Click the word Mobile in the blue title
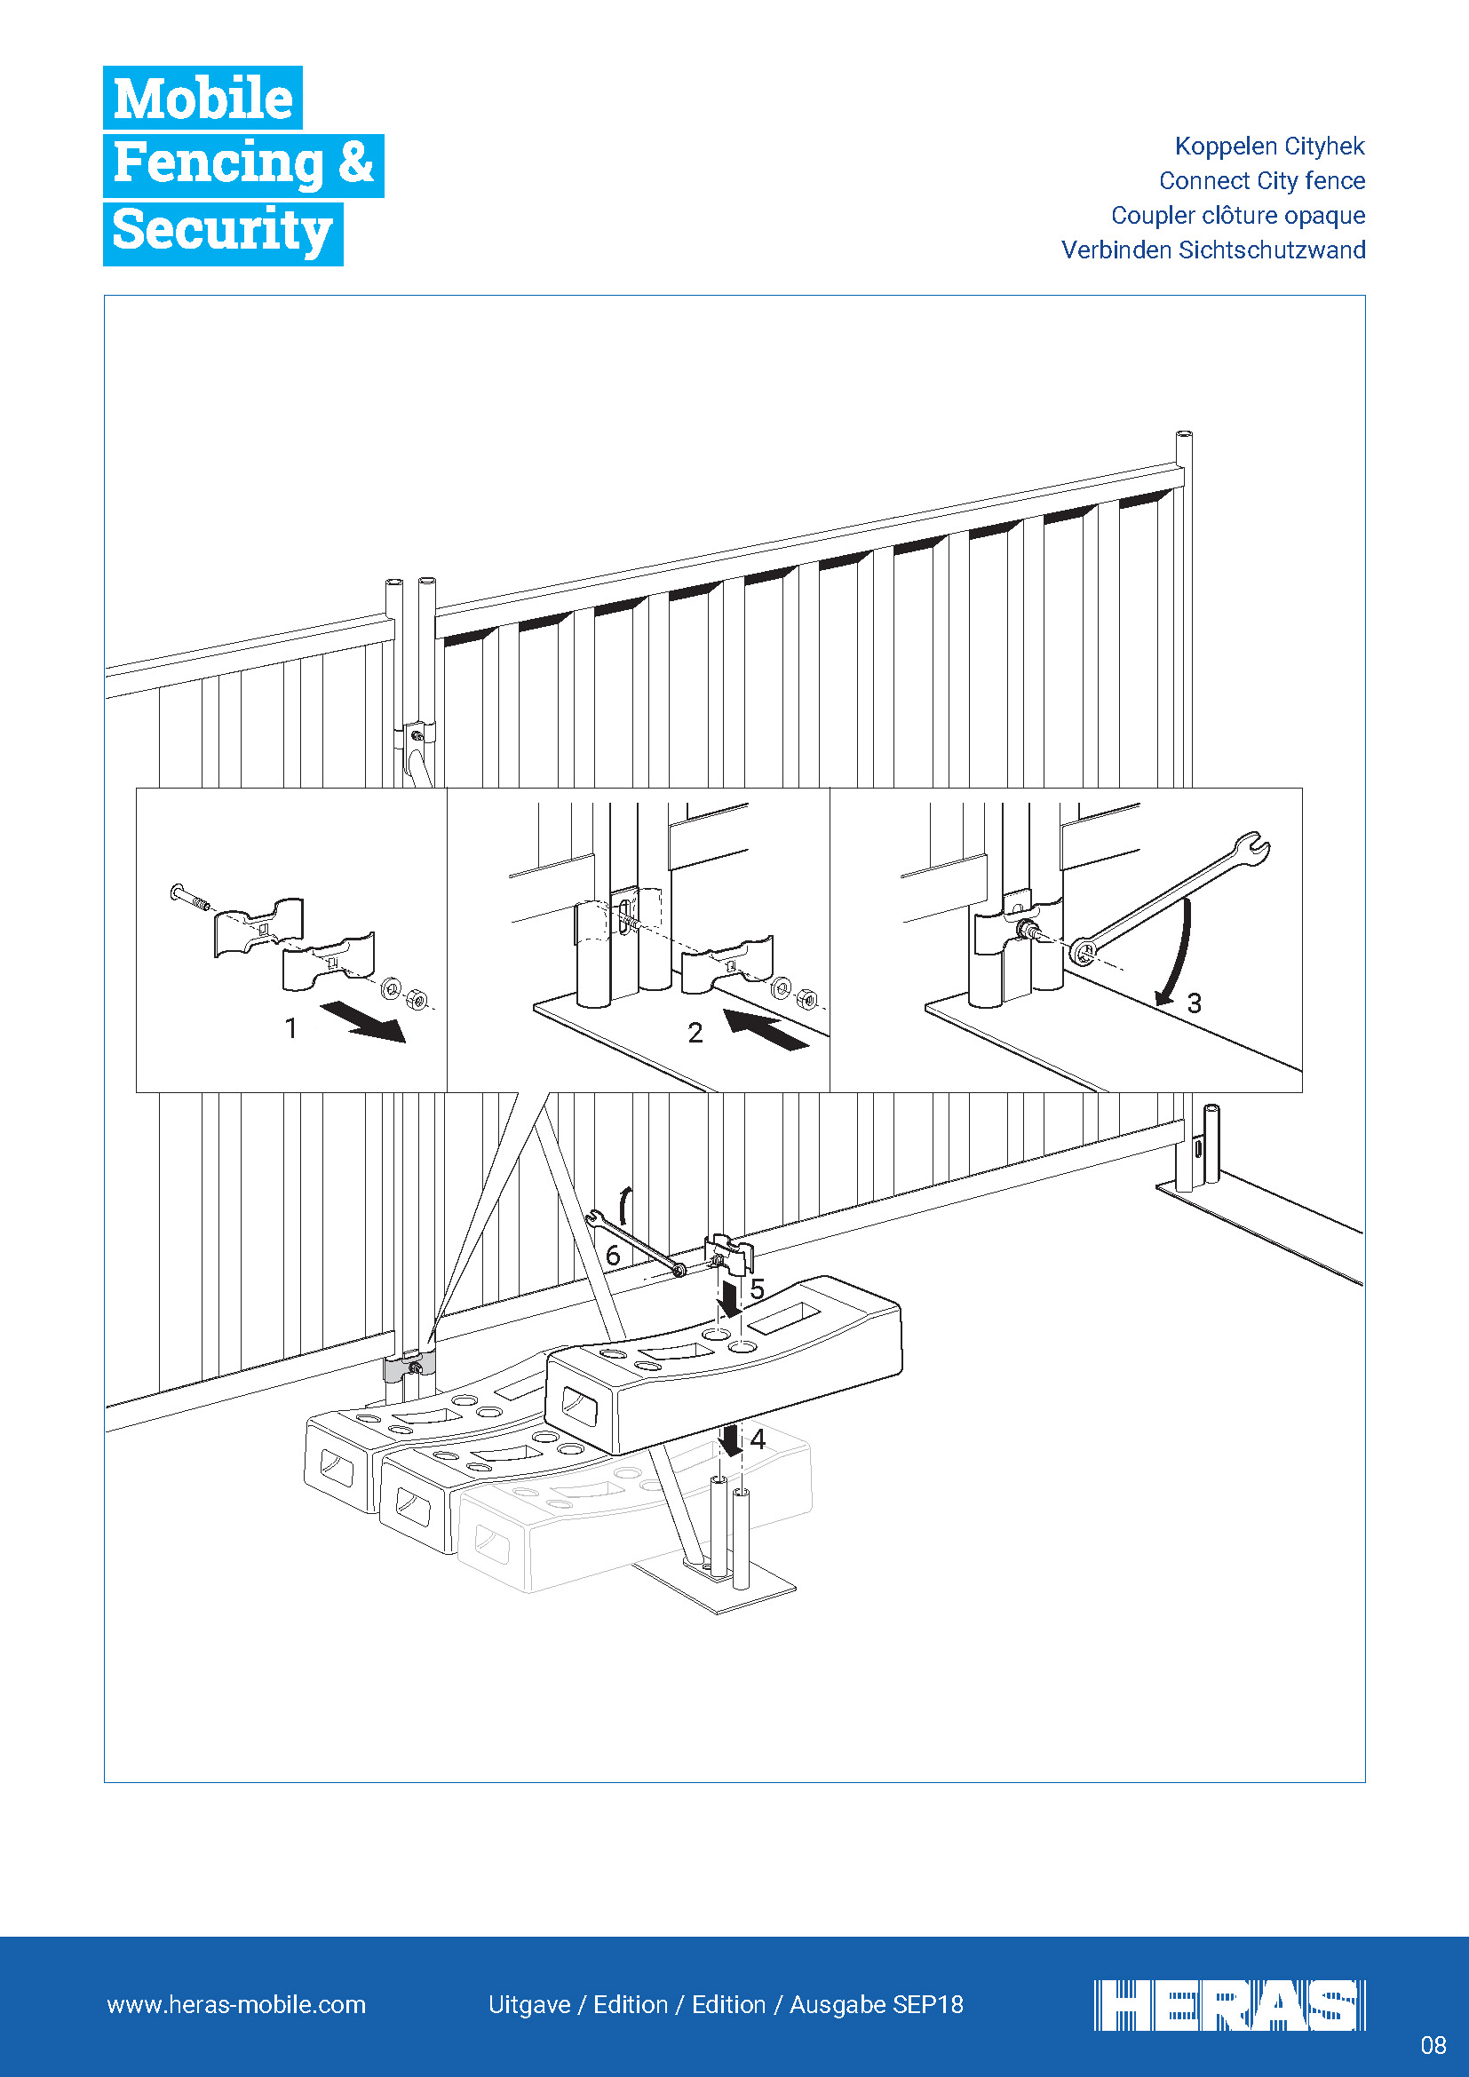coord(202,98)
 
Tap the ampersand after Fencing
coord(355,163)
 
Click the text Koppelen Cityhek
coord(1269,147)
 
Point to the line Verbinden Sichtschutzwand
coord(1213,250)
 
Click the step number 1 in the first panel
coord(291,1028)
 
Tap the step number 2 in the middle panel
coord(695,1033)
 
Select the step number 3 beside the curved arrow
coord(1194,1003)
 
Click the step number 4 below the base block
coord(758,1439)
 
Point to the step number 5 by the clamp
coord(757,1289)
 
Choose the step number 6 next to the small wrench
coord(613,1256)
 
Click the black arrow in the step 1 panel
coord(363,1021)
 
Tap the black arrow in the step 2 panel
coord(767,1030)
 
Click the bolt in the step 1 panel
coord(190,898)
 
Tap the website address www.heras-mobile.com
coord(236,2005)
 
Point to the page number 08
coord(1433,2045)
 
